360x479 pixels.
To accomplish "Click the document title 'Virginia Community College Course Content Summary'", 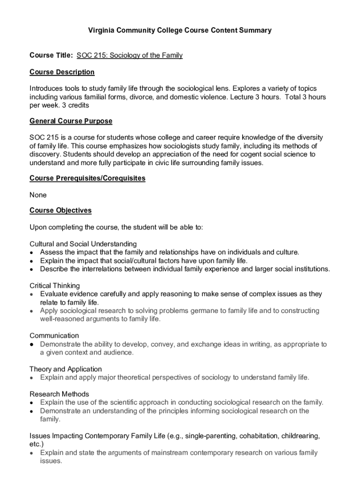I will pos(180,30).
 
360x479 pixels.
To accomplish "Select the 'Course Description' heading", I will pos(62,72).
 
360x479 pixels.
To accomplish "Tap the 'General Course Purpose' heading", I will pos(71,121).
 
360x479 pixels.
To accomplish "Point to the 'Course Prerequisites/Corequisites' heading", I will pos(87,178).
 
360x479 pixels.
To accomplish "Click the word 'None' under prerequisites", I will pos(38,195).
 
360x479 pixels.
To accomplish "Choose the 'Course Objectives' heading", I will pos(60,210).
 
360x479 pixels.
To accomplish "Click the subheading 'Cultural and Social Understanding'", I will pos(83,244).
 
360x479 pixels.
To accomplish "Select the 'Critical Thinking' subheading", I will pos(55,285).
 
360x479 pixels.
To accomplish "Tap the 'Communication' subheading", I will pos(54,335).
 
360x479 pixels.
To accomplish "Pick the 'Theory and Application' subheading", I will pos(65,369).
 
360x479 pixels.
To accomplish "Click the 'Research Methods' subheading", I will pos(59,394).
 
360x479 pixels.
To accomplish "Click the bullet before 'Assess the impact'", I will pos(31,253).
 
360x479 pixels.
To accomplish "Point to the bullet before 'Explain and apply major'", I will pos(31,378).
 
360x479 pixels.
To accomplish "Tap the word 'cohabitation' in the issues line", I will pos(259,436).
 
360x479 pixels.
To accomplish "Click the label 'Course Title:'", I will pos(51,56).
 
